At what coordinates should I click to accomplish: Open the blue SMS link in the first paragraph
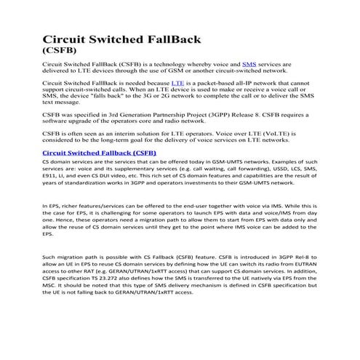(x=249, y=65)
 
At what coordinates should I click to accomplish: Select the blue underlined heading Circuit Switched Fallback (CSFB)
(x=99, y=153)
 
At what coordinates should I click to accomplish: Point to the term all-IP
(x=258, y=84)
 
